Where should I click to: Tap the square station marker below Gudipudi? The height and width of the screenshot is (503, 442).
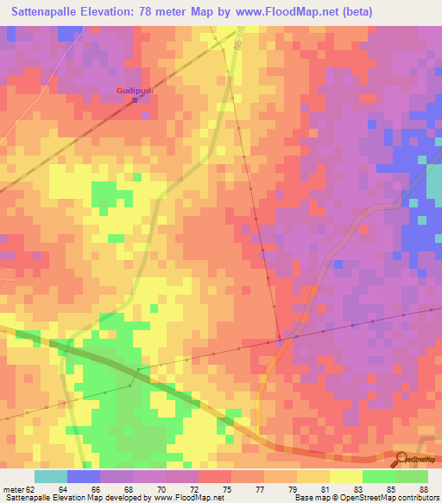135,100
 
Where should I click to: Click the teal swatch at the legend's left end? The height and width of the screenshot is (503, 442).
51,476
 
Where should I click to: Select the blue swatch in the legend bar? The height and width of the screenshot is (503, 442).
84,476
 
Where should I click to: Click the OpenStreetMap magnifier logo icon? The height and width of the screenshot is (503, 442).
402,459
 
